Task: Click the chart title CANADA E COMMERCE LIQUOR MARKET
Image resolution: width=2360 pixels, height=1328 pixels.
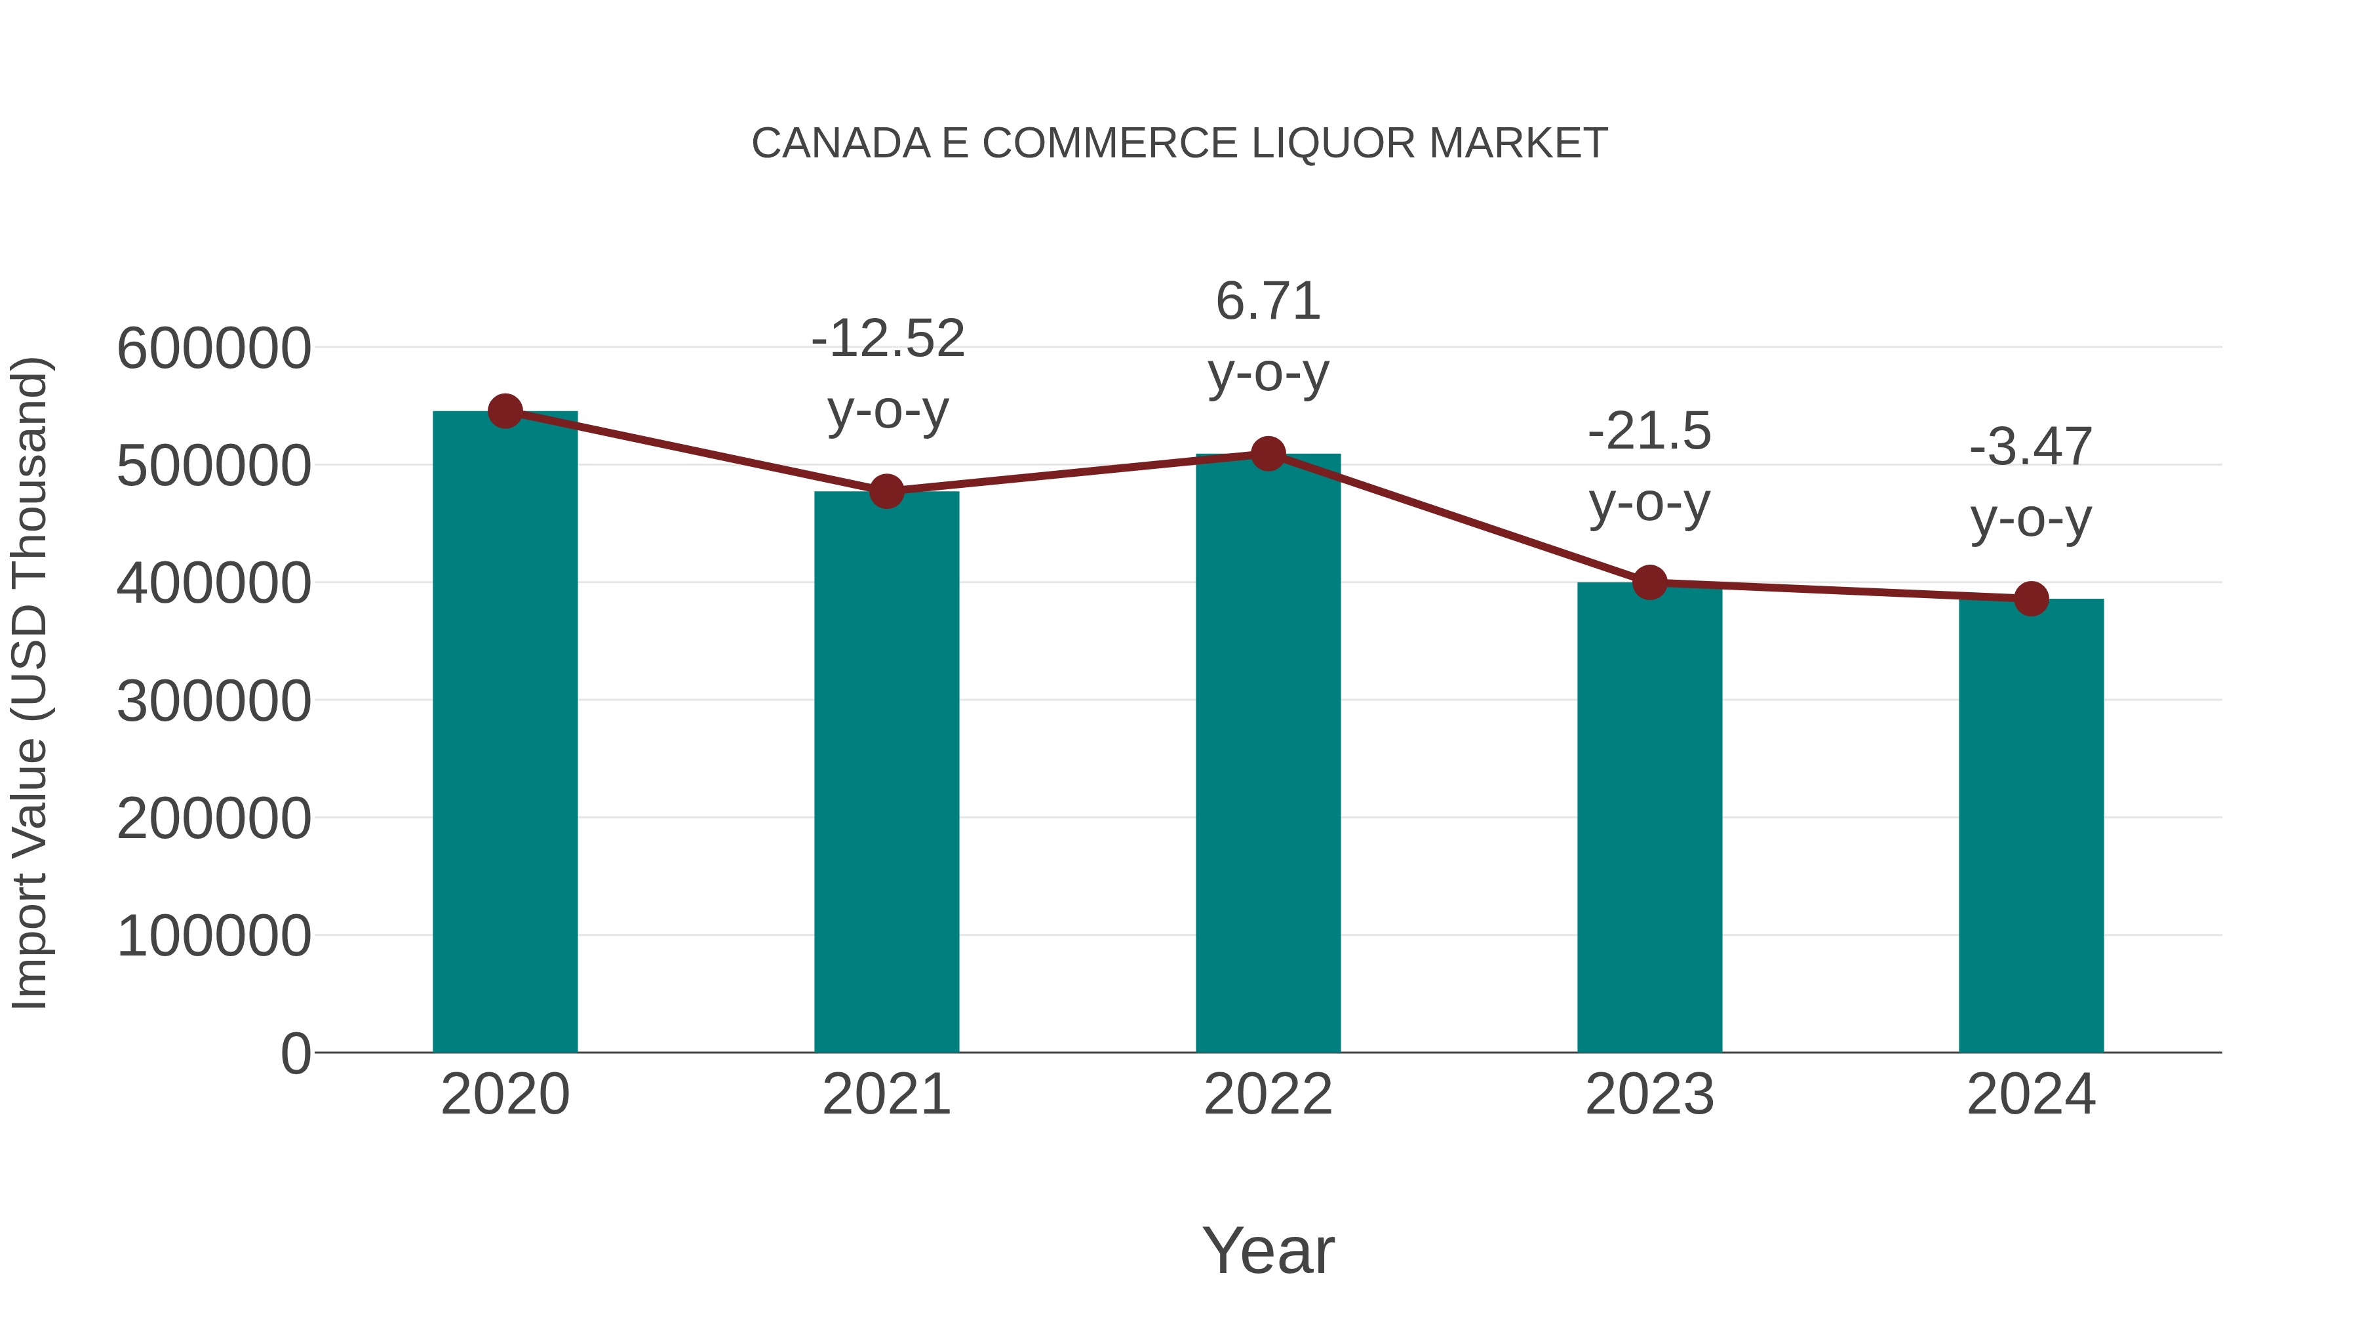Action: tap(1179, 144)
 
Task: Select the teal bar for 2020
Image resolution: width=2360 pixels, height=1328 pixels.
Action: tap(505, 733)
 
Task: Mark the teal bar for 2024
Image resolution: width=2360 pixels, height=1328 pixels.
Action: tap(2031, 825)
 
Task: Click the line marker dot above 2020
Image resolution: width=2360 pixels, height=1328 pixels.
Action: tap(505, 411)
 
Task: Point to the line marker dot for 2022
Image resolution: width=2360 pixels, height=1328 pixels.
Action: tap(1268, 454)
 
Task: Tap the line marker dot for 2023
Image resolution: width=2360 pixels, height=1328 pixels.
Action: tap(1649, 582)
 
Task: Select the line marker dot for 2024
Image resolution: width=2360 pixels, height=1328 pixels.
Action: tap(2031, 599)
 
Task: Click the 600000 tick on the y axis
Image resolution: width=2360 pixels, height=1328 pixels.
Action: tap(214, 348)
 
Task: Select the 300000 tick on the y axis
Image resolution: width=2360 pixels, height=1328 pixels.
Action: tap(214, 701)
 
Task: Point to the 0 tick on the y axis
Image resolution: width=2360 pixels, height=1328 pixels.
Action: tap(295, 1053)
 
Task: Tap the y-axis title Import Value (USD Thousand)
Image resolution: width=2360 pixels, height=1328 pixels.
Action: tap(29, 683)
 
